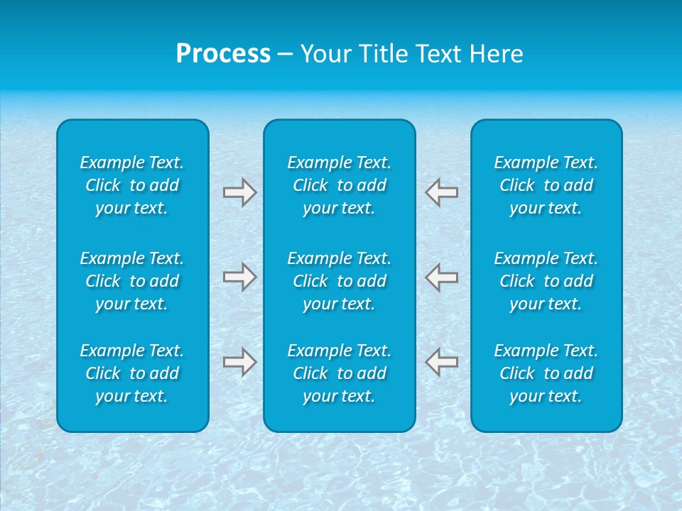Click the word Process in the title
(223, 54)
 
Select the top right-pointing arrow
(239, 192)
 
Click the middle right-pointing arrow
(239, 277)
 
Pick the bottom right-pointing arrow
(239, 362)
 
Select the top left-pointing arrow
(442, 192)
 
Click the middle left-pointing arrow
(442, 277)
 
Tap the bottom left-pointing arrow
(442, 362)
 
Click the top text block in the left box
(132, 185)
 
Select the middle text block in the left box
(132, 281)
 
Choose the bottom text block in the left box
(132, 373)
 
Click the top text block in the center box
(339, 185)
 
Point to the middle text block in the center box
(339, 281)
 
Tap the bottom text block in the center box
(339, 373)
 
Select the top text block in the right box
(546, 185)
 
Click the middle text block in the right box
(546, 281)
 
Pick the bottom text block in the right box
(546, 373)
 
